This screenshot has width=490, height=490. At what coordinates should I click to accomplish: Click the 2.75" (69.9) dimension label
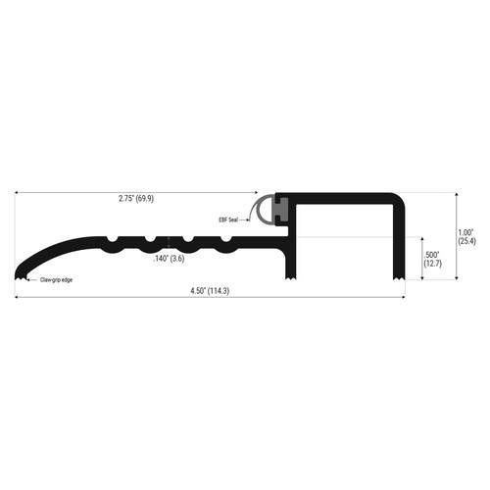(136, 199)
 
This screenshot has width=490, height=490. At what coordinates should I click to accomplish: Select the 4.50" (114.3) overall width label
(210, 291)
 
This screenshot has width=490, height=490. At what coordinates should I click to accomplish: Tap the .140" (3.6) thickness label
(169, 259)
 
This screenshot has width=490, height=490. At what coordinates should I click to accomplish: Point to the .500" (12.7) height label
(432, 259)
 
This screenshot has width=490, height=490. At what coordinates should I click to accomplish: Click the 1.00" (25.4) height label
(466, 237)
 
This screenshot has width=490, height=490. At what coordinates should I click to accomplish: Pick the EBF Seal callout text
(228, 220)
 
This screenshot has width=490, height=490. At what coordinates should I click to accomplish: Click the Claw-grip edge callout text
(56, 280)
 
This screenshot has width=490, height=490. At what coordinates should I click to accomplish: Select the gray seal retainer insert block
(281, 210)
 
